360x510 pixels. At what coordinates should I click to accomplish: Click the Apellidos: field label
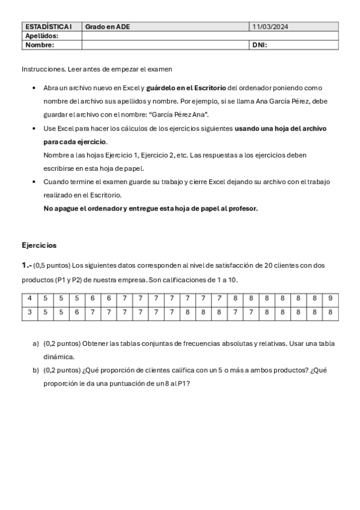click(41, 36)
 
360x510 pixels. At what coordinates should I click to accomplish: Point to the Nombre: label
click(40, 45)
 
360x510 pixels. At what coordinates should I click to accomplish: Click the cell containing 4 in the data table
click(29, 299)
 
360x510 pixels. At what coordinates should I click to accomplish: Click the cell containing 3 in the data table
click(29, 313)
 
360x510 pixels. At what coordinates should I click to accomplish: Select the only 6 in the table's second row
click(77, 313)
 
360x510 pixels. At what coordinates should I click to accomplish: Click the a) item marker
click(35, 343)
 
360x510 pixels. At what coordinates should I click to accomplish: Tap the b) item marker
click(35, 370)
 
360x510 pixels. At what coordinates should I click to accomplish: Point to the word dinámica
click(58, 357)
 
